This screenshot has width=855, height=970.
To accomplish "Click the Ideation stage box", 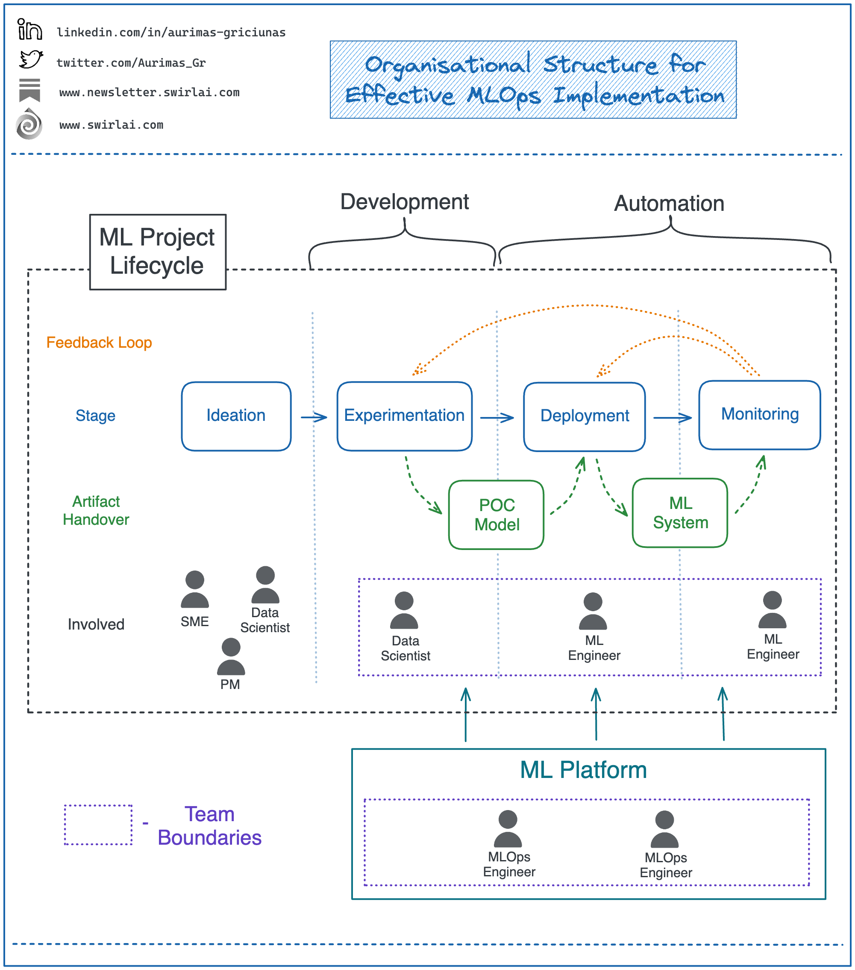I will click(x=236, y=416).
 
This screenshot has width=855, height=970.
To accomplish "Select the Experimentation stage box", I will click(x=404, y=416).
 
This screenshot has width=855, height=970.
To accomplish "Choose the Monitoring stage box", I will click(x=759, y=414).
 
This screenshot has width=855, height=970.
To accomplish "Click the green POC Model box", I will click(x=496, y=515).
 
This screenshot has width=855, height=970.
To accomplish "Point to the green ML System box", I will click(x=679, y=512).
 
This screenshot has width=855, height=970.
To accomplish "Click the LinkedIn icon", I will click(x=29, y=30).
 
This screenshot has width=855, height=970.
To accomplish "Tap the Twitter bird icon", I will click(x=31, y=60).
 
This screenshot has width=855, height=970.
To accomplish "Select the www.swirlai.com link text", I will click(x=111, y=125).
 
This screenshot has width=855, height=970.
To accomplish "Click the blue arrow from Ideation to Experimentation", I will click(x=314, y=417).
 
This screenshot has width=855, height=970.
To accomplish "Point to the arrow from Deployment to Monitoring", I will click(x=672, y=417).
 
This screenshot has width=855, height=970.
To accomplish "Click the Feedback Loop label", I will click(x=99, y=343).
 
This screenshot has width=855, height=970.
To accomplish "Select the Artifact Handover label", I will click(x=96, y=510).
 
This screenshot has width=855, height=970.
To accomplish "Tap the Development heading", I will click(x=404, y=202).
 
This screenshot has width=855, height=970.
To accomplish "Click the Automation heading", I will click(x=669, y=204).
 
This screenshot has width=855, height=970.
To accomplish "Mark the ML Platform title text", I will click(x=583, y=770).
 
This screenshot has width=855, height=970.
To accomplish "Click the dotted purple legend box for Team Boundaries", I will click(x=98, y=825).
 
